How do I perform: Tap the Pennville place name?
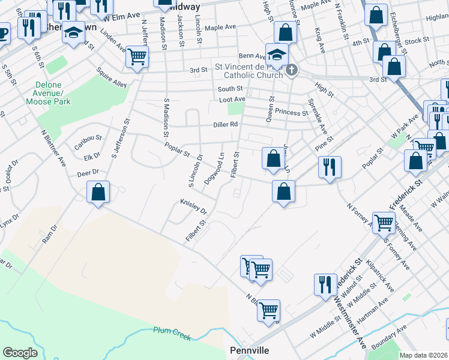[247, 350]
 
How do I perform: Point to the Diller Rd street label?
[226, 125]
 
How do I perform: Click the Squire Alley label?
[112, 80]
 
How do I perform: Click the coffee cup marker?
[3, 32]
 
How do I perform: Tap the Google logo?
[20, 353]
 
